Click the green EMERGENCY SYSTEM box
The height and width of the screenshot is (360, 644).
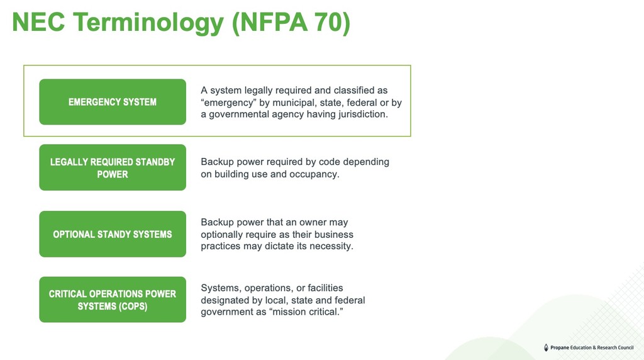(x=113, y=102)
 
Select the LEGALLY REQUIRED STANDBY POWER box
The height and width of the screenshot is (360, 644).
(x=113, y=167)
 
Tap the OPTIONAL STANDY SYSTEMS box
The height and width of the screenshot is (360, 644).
(x=113, y=234)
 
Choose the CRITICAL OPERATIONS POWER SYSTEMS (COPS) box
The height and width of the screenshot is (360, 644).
(x=113, y=300)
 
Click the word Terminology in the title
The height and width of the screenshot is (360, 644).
(x=148, y=23)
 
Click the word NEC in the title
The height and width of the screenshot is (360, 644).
(x=38, y=22)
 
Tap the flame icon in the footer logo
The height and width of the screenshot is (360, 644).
(x=546, y=347)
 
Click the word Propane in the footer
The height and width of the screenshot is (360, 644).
(x=560, y=347)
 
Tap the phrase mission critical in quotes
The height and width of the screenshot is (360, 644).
(x=306, y=312)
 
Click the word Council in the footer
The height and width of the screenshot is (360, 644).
(x=625, y=347)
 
